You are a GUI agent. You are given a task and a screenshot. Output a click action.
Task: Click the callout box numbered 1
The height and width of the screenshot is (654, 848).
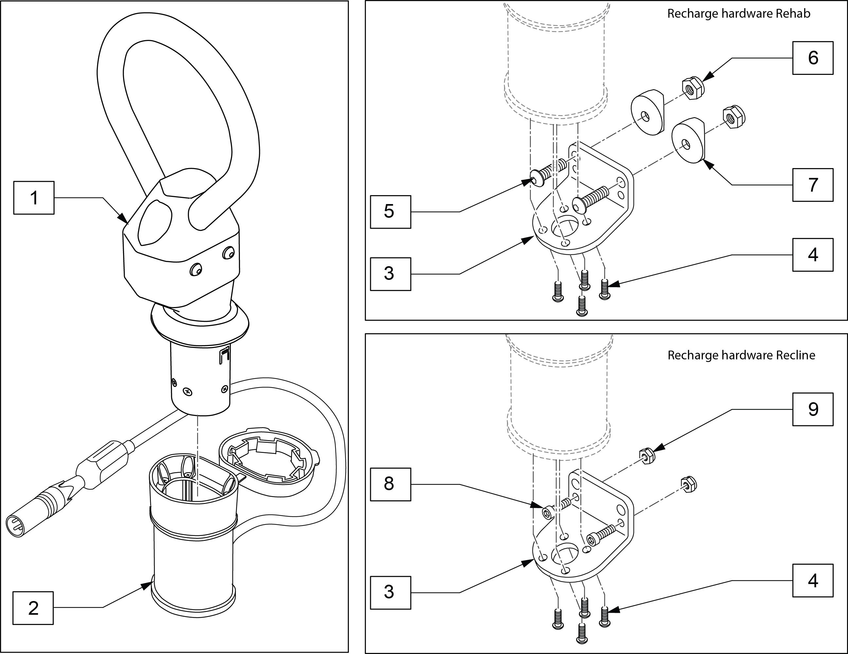[34, 198]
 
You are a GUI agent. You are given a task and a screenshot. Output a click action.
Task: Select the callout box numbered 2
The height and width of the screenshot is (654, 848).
[33, 608]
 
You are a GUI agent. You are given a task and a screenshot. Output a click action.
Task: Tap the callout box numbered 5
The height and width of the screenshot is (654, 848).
[390, 212]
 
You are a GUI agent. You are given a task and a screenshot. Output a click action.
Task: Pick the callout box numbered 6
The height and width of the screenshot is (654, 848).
[813, 58]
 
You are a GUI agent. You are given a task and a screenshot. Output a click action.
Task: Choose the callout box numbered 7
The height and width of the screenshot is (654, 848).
[813, 185]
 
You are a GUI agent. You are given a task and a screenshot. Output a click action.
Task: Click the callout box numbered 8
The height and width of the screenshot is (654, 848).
[390, 484]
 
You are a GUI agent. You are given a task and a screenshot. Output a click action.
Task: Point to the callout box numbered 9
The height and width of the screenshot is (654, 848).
[813, 409]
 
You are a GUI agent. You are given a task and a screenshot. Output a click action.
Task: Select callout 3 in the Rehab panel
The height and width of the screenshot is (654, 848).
[390, 273]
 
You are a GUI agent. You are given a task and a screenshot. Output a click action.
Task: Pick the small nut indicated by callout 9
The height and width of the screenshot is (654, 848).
[647, 456]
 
